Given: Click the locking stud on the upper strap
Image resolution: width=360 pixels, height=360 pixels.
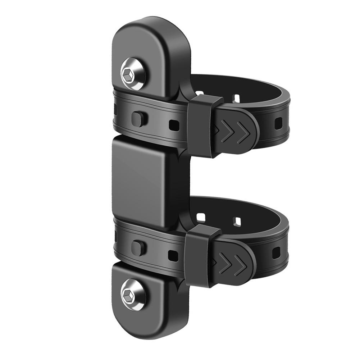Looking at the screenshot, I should (138, 118).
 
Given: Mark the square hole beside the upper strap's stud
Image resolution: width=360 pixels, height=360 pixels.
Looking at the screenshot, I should (173, 125).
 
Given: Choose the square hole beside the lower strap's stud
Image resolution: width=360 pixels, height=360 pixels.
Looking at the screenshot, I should (173, 255).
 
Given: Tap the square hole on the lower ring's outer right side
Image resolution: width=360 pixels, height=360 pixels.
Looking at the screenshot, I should (276, 253).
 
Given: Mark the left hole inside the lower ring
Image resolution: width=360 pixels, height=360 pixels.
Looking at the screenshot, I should (201, 217).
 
